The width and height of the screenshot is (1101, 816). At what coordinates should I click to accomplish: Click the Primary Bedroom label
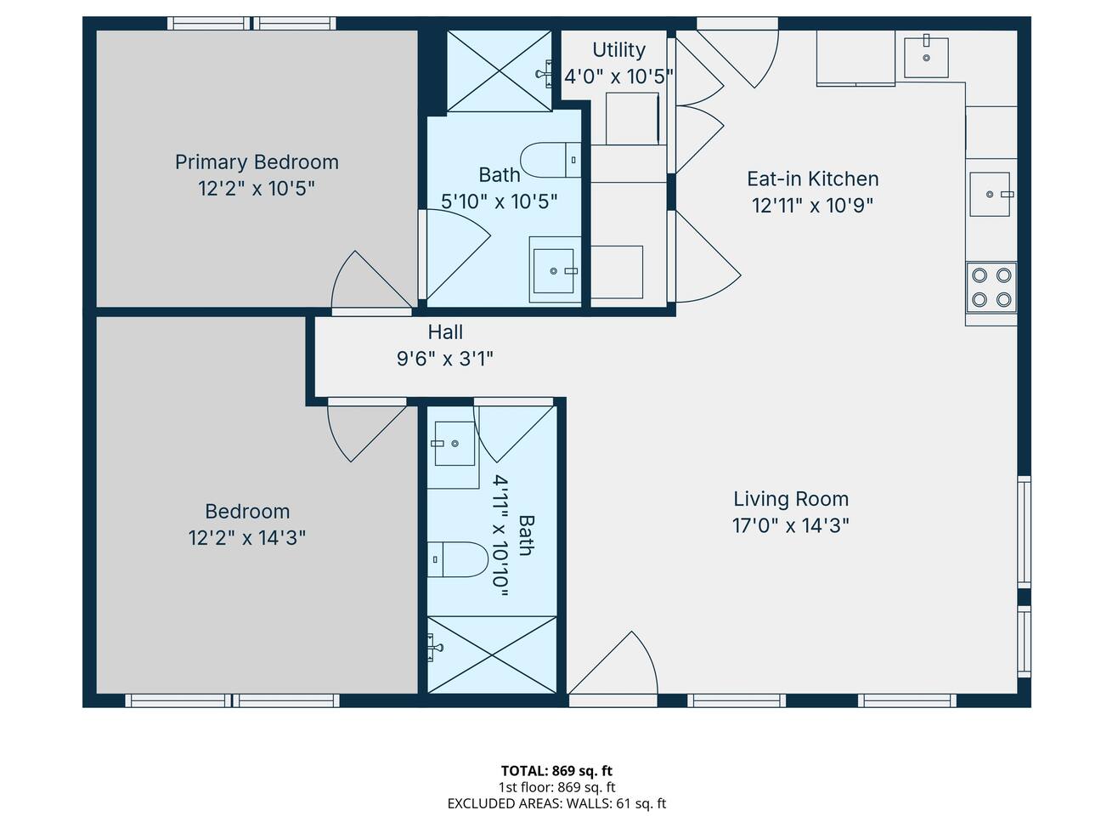tap(257, 162)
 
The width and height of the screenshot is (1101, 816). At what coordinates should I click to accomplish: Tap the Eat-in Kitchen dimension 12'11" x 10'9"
tap(812, 205)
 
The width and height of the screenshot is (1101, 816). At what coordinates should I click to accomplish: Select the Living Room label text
tap(791, 499)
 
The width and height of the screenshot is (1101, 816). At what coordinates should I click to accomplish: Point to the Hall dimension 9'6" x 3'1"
tap(445, 358)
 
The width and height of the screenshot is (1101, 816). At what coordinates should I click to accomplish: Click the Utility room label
tap(618, 49)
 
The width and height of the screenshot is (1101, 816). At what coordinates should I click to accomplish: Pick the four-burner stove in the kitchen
tap(991, 287)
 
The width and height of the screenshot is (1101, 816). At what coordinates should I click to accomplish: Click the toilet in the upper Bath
tap(550, 160)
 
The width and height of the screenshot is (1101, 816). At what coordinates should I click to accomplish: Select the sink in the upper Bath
tap(555, 270)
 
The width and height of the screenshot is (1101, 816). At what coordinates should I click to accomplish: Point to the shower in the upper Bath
tap(499, 71)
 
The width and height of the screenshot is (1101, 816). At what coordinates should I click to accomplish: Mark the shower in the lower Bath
tap(491, 654)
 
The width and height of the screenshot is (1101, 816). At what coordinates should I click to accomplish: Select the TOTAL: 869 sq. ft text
tap(556, 771)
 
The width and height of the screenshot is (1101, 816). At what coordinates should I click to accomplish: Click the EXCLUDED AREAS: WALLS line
tap(556, 803)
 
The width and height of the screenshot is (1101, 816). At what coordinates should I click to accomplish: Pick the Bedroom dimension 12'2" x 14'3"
tap(246, 537)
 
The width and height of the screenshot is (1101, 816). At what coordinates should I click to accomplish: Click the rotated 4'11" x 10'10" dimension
tap(500, 535)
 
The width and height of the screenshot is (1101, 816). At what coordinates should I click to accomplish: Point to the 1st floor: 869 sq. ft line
tap(556, 787)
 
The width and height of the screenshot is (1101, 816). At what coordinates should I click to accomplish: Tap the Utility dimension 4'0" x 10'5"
tap(618, 77)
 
